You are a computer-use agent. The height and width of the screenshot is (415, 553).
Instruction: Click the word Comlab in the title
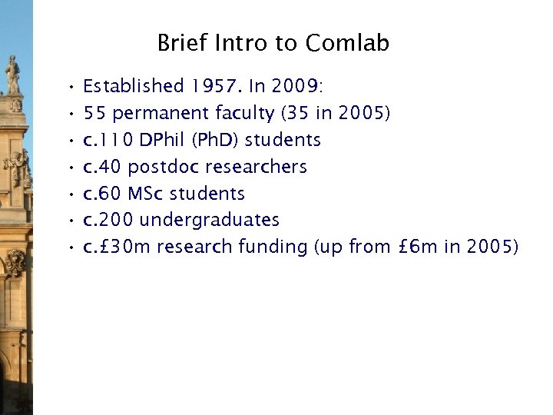tap(347, 43)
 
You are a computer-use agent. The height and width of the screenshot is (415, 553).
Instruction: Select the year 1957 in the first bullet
tap(217, 87)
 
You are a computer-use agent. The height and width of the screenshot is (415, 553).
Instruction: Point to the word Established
tap(134, 87)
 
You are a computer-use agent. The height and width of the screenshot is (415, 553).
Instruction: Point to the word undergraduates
tap(210, 220)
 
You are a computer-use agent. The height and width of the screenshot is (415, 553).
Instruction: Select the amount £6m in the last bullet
tap(421, 247)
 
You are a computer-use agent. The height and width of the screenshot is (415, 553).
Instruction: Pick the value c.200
tap(108, 220)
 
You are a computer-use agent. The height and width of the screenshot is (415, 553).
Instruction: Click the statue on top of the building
tap(13, 75)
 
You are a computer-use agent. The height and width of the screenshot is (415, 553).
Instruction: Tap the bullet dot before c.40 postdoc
tap(69, 167)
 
